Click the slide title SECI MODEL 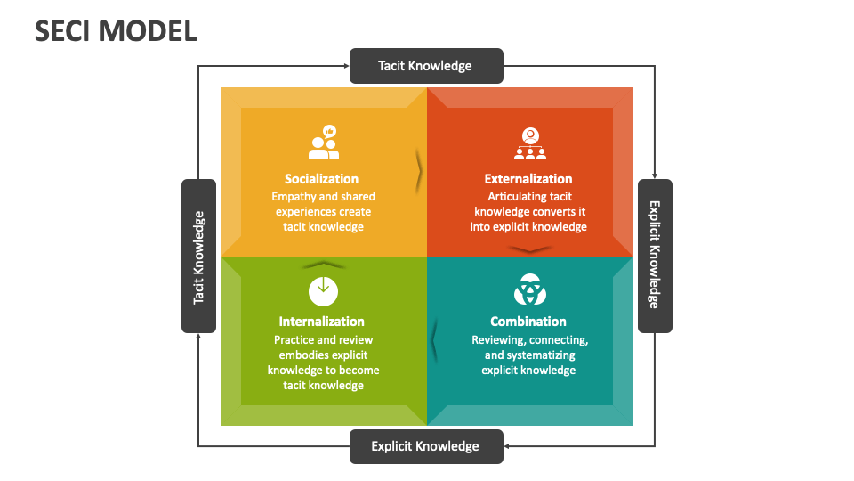[116, 31]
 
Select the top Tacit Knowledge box [426, 66]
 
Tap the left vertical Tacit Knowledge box [198, 257]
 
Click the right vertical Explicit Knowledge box [655, 257]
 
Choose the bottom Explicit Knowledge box [425, 446]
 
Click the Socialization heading [322, 179]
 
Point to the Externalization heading [528, 179]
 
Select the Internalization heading [322, 322]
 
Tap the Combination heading [528, 322]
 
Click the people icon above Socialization [324, 143]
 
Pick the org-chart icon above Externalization [530, 143]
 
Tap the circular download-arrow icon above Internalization [323, 289]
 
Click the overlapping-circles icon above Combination [530, 289]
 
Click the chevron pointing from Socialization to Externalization [419, 172]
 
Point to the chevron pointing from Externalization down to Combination [530, 250]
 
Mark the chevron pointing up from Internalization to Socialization [323, 264]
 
